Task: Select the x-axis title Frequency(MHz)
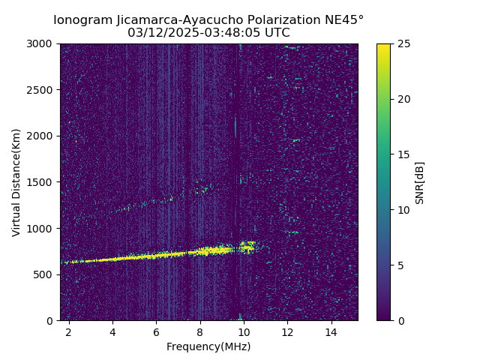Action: [208, 346]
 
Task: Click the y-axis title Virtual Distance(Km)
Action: [16, 182]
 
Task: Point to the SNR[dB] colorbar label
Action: [420, 182]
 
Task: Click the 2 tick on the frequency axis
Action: [69, 331]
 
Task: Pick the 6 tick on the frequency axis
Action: [156, 331]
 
